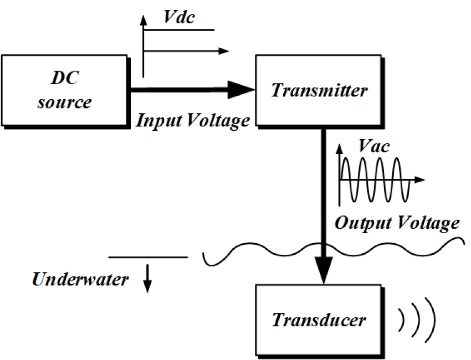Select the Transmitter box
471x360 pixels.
pyautogui.click(x=318, y=90)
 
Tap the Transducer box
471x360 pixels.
pyautogui.click(x=318, y=320)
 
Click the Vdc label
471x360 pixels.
pyautogui.click(x=180, y=17)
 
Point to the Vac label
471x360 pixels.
pyautogui.click(x=373, y=147)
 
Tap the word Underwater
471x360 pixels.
pyautogui.click(x=80, y=279)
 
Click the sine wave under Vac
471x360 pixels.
pyautogui.click(x=374, y=180)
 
